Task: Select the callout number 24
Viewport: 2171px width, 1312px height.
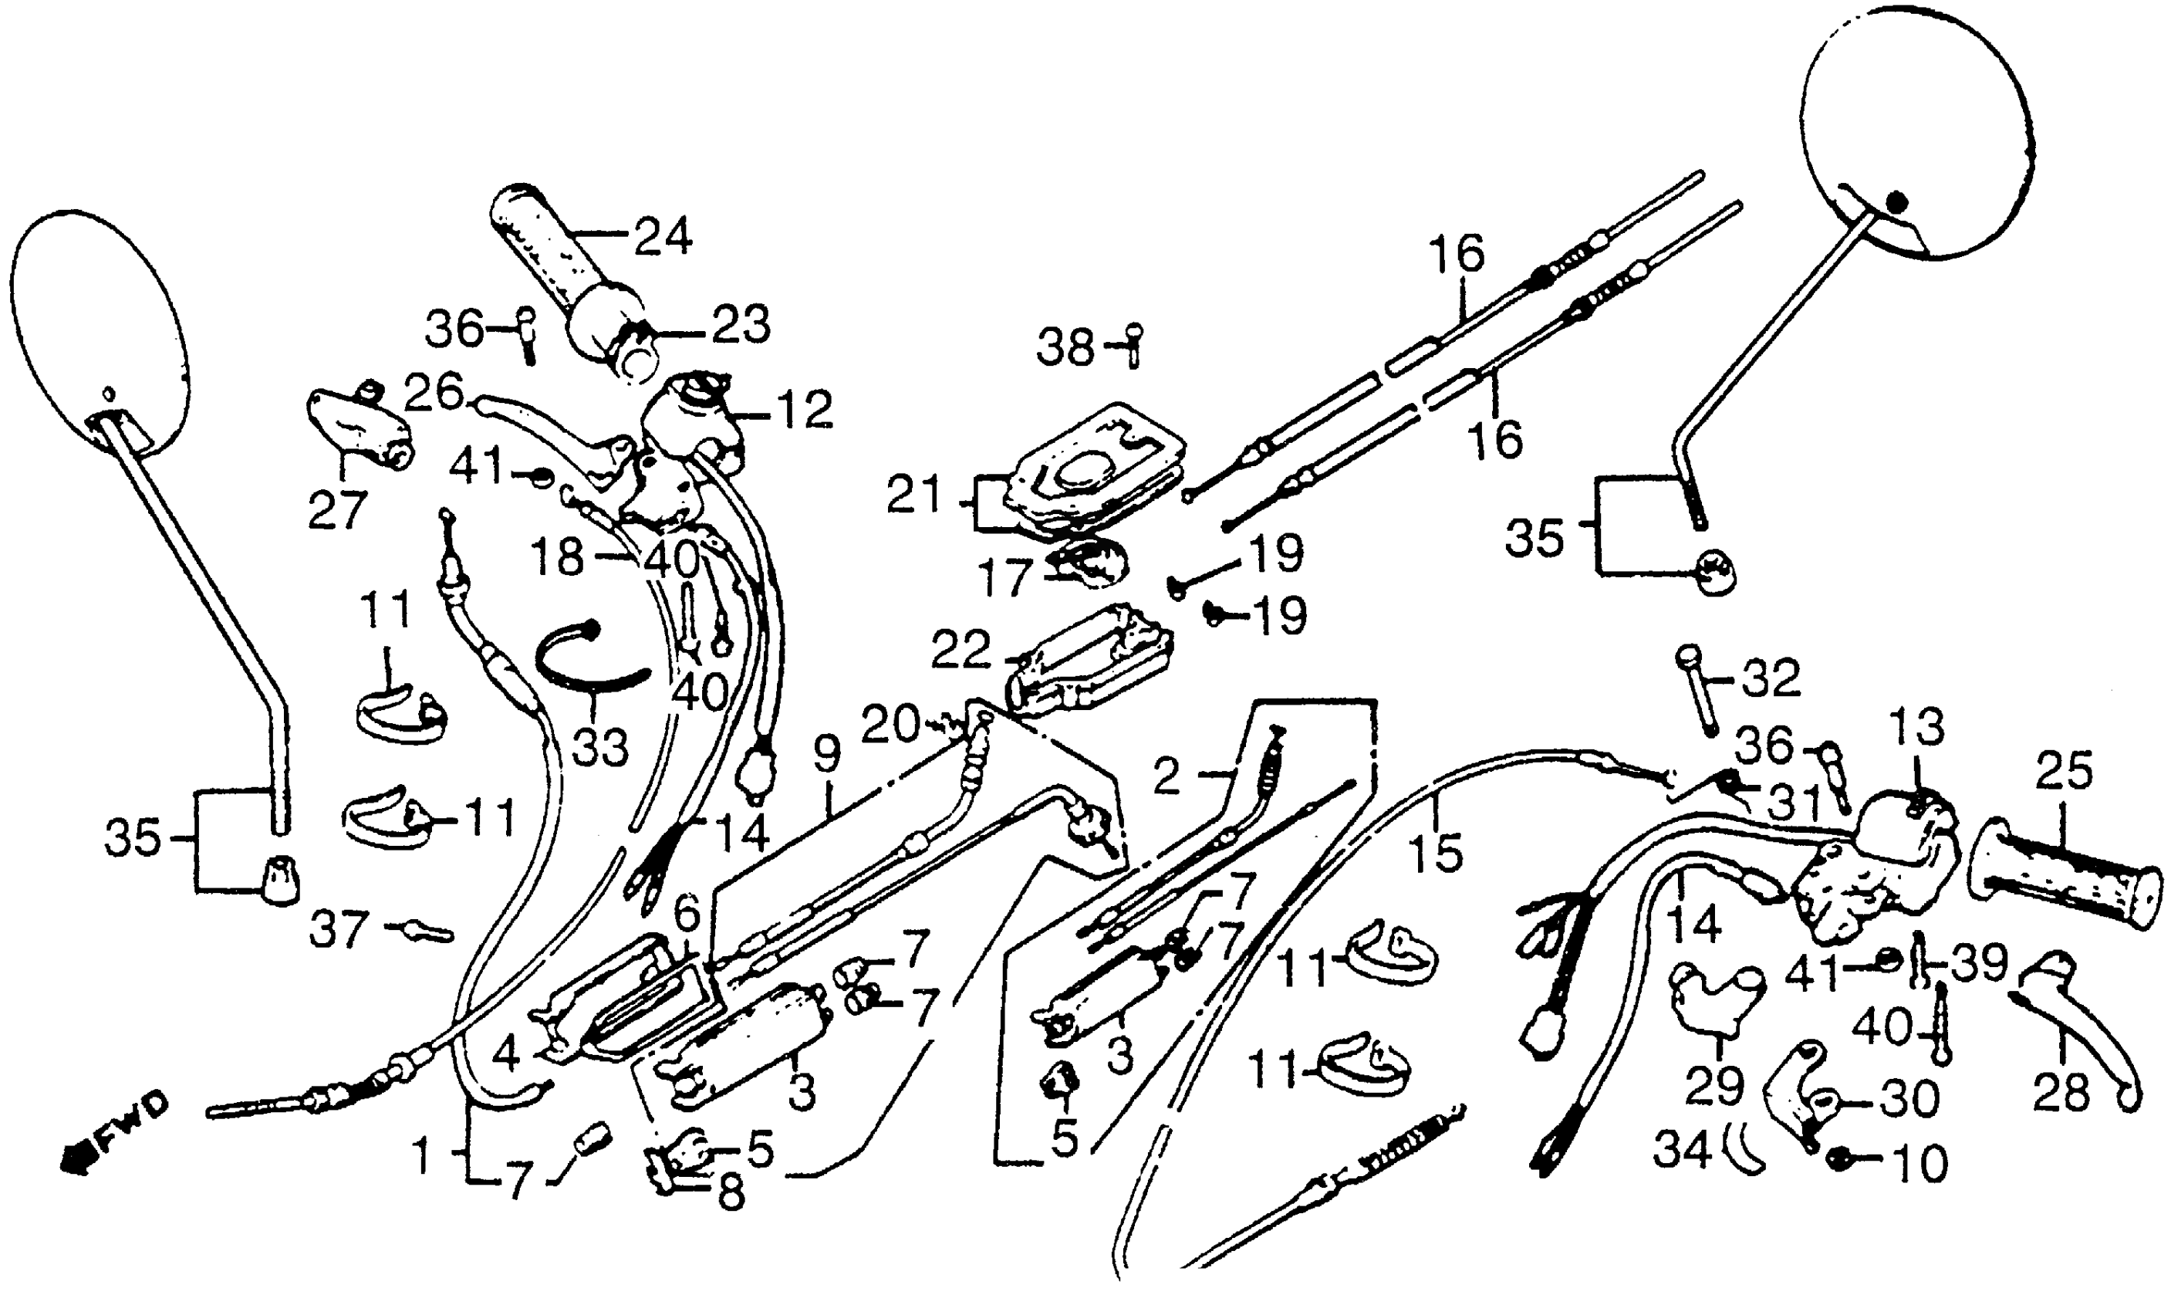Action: tap(663, 236)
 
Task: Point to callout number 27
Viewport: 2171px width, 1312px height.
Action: tap(336, 510)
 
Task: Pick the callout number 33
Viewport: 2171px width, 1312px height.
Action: tap(600, 747)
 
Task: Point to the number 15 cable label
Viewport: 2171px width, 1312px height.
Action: tap(1437, 853)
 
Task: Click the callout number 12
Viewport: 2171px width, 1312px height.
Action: tap(805, 410)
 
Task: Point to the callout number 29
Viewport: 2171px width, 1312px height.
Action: tap(1714, 1087)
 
